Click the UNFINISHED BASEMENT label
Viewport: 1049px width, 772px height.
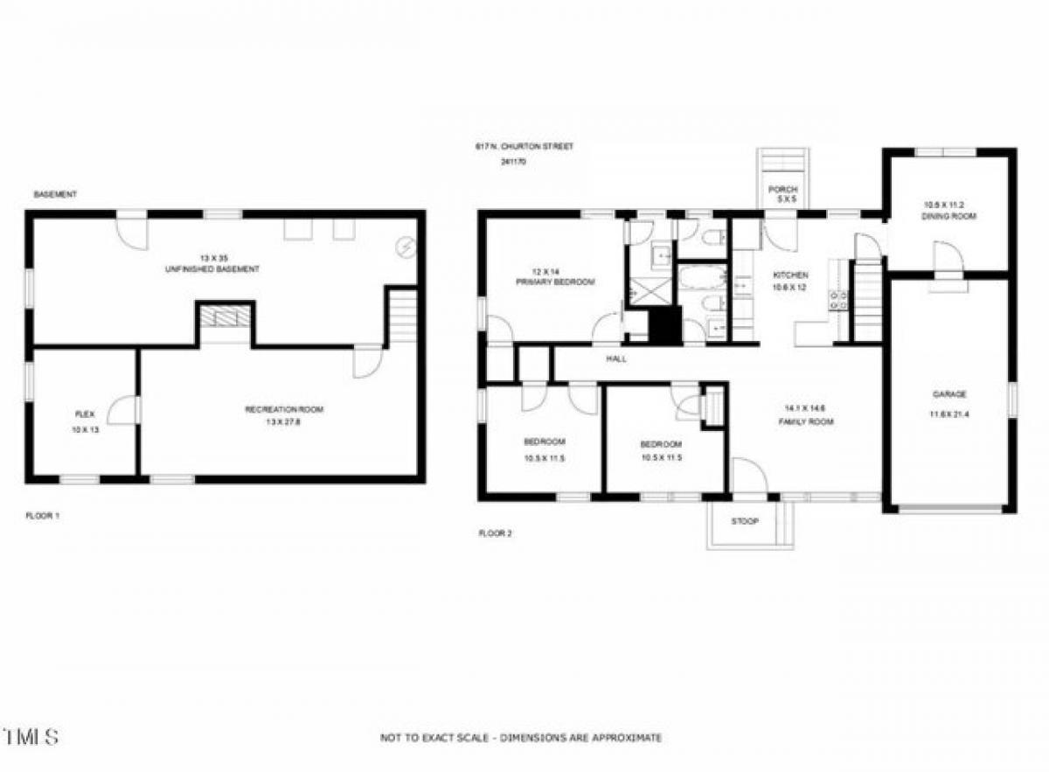[212, 269]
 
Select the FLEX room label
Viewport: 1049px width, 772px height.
[85, 414]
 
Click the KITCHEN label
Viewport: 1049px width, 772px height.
[785, 275]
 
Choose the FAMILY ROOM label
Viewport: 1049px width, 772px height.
[806, 421]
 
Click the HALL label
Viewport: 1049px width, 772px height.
[617, 358]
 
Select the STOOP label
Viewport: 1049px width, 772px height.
[746, 522]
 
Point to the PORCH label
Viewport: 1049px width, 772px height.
[782, 190]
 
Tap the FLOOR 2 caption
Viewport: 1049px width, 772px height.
[495, 533]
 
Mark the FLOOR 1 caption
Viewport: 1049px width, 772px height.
[42, 517]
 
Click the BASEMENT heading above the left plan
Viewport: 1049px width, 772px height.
[55, 194]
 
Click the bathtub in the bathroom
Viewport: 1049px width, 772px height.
[702, 279]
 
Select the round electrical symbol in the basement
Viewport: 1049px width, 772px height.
[406, 247]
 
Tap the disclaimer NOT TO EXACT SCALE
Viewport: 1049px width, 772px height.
[521, 738]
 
